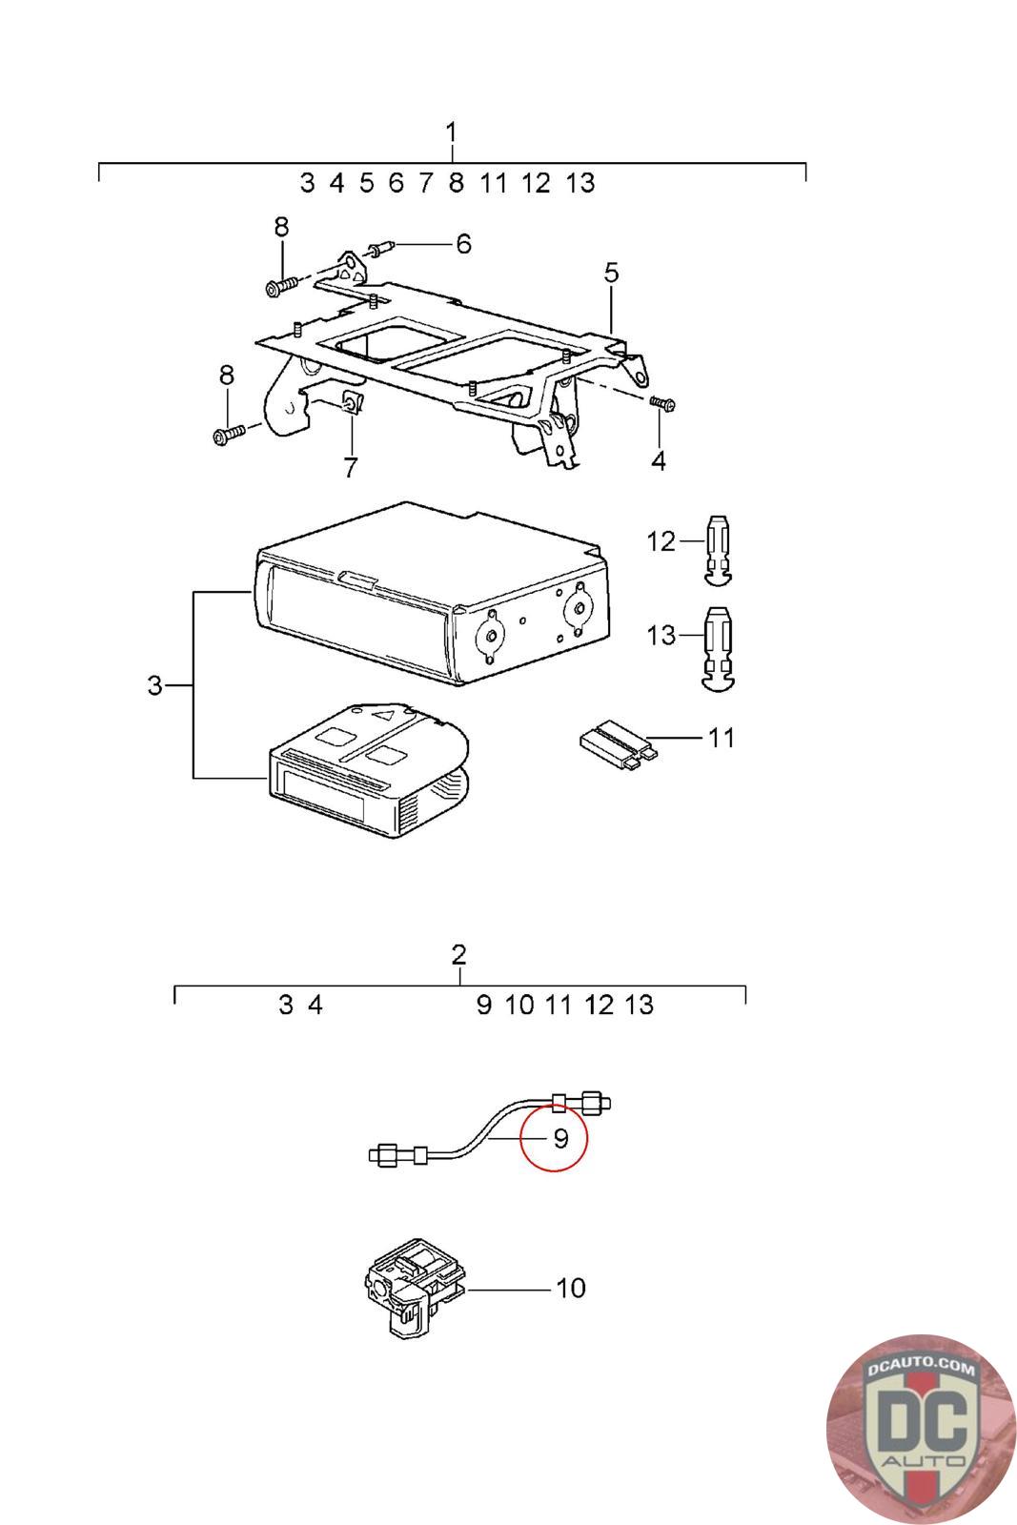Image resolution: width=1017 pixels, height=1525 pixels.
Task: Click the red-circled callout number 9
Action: [x=560, y=1138]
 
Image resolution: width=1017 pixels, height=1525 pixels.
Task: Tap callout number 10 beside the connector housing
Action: [x=570, y=1288]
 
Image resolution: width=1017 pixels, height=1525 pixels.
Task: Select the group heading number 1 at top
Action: [x=452, y=132]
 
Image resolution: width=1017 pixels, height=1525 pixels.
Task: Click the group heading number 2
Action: [x=458, y=954]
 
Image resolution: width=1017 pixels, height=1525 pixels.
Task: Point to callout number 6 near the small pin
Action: [x=463, y=244]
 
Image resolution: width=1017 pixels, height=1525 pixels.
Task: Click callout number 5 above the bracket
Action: [x=611, y=273]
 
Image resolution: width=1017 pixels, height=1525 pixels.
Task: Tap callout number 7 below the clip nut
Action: [x=350, y=468]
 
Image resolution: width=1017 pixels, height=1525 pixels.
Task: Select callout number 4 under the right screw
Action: [x=658, y=461]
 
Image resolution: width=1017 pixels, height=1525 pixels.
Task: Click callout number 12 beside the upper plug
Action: [x=661, y=542]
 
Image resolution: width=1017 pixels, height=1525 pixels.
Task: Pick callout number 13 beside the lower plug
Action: [x=661, y=636]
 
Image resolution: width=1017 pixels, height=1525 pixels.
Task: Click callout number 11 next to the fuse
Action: [x=721, y=738]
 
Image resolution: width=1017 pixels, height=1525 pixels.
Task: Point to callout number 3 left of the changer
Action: [x=155, y=685]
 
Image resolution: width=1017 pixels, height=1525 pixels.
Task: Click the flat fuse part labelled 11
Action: [x=619, y=745]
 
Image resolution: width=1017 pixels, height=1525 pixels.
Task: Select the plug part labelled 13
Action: [x=719, y=649]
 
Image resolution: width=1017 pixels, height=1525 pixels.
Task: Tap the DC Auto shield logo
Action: [x=921, y=1431]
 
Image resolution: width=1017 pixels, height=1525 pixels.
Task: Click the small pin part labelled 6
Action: [x=382, y=248]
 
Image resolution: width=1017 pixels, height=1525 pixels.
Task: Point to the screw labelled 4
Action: [x=662, y=404]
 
